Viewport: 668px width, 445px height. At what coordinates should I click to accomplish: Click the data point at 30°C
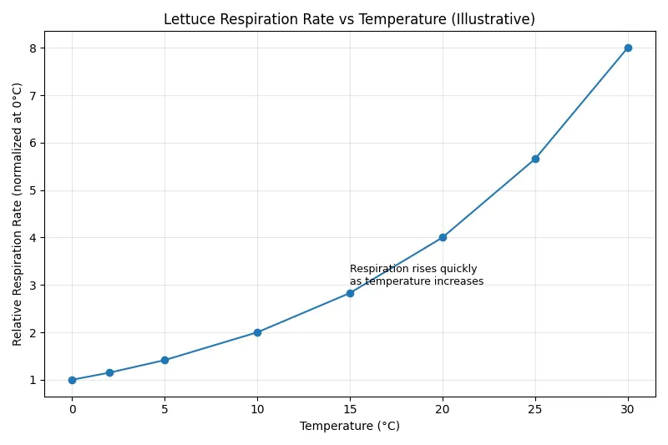628,48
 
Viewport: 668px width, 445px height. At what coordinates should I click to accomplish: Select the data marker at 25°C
535,159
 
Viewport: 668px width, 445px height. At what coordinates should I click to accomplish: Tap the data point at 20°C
443,237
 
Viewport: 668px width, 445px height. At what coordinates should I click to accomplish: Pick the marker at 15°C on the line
350,293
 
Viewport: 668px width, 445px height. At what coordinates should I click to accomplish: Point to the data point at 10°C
257,332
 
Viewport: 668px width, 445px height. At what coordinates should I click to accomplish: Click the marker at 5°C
164,360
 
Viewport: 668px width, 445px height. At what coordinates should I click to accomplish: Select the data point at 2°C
109,372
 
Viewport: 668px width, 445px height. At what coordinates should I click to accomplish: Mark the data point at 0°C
72,380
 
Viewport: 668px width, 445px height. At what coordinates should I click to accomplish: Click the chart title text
349,19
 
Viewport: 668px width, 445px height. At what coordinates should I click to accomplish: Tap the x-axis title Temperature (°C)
349,426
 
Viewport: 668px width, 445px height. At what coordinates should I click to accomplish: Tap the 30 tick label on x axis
628,409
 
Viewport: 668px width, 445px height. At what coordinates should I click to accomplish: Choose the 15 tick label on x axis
350,409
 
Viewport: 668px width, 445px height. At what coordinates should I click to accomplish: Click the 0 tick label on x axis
72,409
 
